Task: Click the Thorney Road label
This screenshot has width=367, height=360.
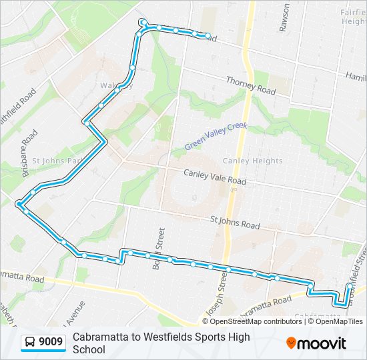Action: [x=251, y=85]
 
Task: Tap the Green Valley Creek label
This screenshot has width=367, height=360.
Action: [x=216, y=136]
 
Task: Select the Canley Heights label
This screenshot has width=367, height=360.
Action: [x=252, y=161]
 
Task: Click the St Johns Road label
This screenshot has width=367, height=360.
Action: [x=234, y=221]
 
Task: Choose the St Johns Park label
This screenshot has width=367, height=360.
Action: [x=57, y=161]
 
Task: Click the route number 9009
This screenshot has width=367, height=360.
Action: [x=51, y=343]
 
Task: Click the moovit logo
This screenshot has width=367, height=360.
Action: [x=316, y=343]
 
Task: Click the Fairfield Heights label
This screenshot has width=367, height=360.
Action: [x=354, y=17]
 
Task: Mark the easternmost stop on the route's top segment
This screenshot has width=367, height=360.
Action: [x=208, y=36]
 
